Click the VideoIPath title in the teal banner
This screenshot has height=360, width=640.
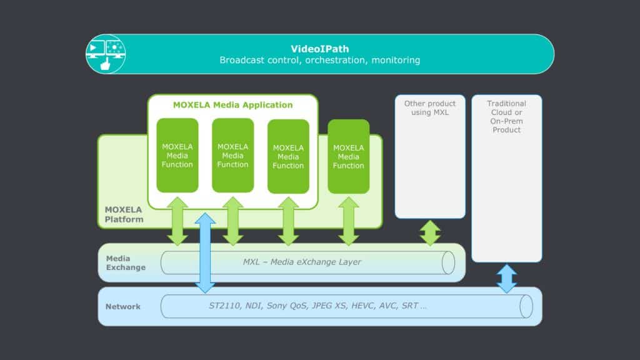319,49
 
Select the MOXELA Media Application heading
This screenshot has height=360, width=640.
232,105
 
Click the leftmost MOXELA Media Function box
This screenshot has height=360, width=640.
177,156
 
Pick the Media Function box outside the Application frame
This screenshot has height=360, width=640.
348,157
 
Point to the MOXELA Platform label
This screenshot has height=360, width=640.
124,214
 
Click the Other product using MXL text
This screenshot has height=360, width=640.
430,108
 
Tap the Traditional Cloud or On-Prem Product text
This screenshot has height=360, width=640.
506,117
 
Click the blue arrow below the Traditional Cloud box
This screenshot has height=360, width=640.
507,279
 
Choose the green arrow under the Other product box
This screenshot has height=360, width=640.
430,232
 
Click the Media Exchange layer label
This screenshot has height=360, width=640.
126,263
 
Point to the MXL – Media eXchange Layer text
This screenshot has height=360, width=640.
302,262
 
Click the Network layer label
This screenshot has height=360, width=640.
123,306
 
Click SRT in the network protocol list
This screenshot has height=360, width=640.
410,306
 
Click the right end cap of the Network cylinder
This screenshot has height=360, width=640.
526,306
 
